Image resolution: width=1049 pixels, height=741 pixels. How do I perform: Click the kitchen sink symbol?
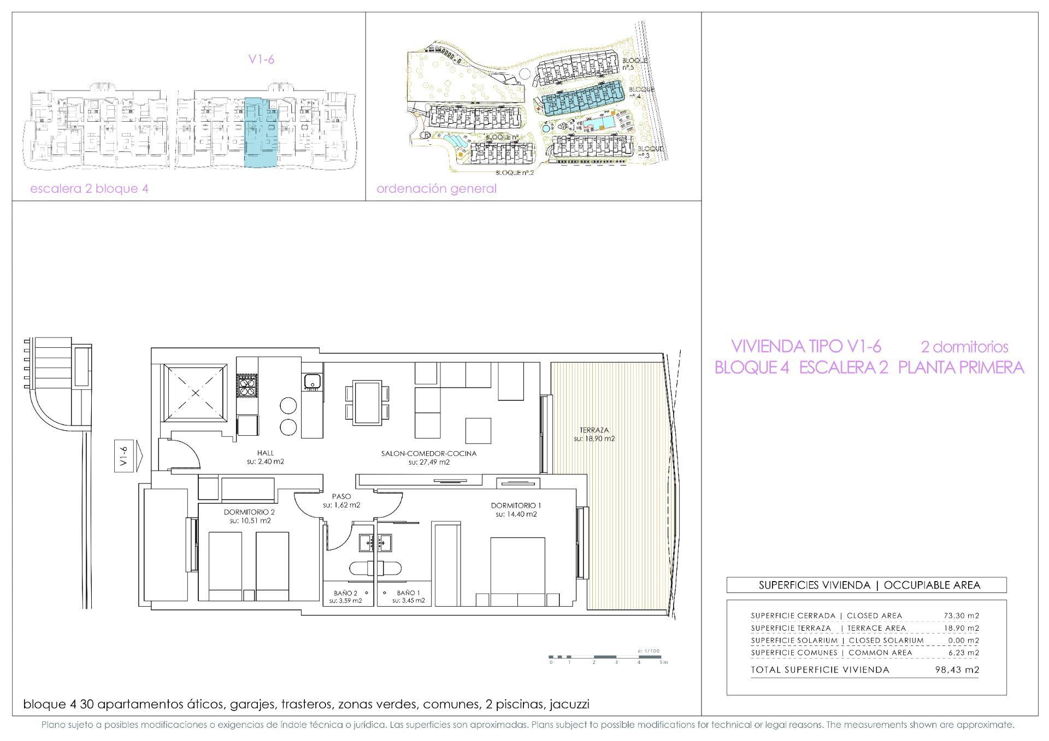(312, 381)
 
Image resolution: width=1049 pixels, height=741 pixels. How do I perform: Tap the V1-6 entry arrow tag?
(126, 456)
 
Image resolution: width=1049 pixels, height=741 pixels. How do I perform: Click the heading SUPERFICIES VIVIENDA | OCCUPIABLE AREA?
(866, 585)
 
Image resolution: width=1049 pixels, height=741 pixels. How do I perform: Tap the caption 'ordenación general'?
(437, 189)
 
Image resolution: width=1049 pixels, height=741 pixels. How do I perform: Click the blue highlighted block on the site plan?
(584, 99)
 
